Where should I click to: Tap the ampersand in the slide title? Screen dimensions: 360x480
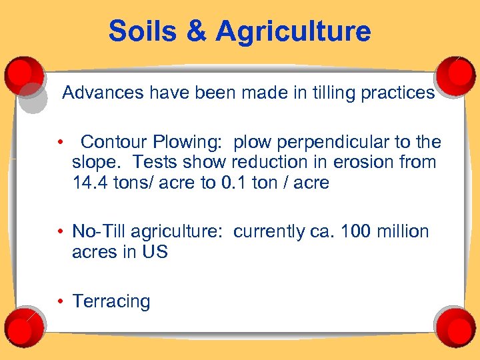point(197,31)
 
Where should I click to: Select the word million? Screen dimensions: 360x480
point(404,231)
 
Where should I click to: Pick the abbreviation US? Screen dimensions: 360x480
point(154,252)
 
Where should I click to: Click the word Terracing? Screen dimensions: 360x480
point(111,301)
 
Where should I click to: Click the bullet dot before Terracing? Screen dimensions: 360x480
point(61,301)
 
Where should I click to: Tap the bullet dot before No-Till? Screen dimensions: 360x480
point(61,231)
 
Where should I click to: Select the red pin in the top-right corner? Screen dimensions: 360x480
point(457,69)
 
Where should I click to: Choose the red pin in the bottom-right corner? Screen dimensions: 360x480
point(457,328)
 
